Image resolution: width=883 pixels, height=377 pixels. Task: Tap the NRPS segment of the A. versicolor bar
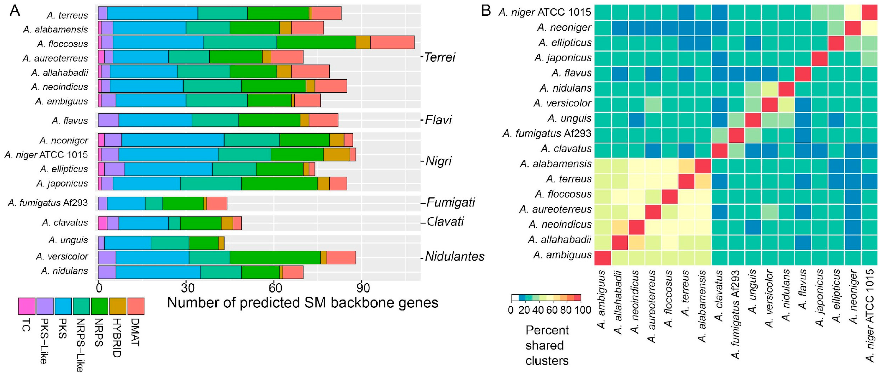pyautogui.click(x=275, y=258)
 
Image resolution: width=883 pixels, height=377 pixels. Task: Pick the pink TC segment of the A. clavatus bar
pyautogui.click(x=103, y=223)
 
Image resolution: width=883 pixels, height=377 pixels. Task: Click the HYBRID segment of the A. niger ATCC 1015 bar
pyautogui.click(x=337, y=155)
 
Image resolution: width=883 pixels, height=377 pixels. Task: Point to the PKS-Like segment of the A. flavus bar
pyautogui.click(x=108, y=120)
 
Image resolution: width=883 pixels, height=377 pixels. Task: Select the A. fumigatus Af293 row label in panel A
pyautogui.click(x=48, y=203)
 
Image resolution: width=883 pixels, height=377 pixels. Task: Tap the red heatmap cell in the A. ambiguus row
pyautogui.click(x=602, y=258)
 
